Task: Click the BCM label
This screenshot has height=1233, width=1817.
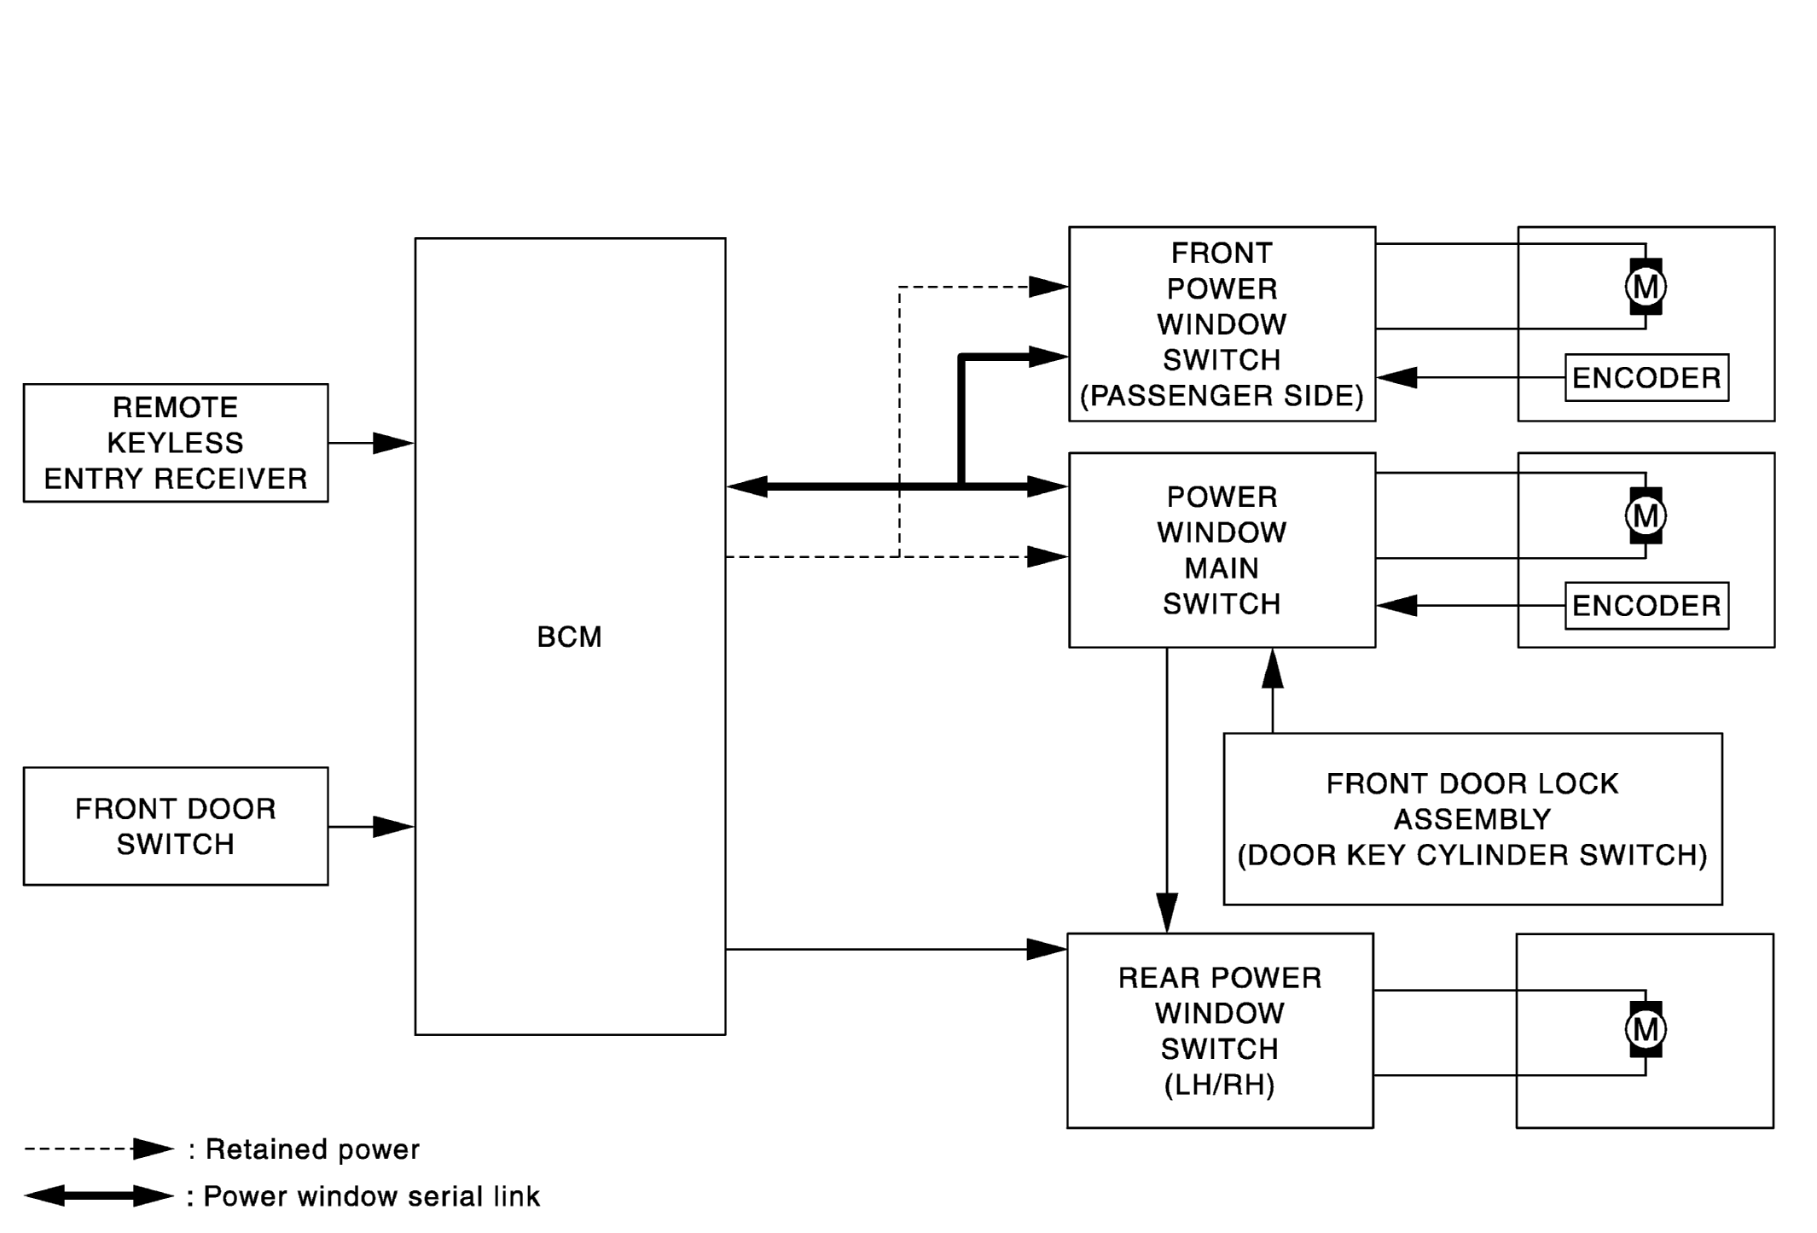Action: (x=569, y=637)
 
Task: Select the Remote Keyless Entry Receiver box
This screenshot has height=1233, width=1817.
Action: (x=176, y=443)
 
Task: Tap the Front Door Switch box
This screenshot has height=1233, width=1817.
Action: (x=176, y=826)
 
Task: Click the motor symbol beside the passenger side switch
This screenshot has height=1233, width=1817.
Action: (x=1646, y=287)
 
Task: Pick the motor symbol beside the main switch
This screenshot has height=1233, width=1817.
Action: (x=1646, y=515)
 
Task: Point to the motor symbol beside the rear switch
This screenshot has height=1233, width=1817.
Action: (x=1646, y=1029)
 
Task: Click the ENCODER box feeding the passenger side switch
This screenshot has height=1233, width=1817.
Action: (x=1646, y=377)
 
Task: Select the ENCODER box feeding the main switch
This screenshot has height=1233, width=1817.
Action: (x=1646, y=606)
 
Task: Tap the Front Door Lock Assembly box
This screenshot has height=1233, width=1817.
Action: (x=1472, y=818)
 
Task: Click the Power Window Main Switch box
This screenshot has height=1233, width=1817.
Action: (x=1222, y=550)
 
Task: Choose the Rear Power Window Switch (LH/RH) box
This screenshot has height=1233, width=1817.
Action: (x=1220, y=1030)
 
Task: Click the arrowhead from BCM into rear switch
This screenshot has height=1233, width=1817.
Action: (x=1047, y=949)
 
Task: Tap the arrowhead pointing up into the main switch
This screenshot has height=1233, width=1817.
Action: (x=1273, y=668)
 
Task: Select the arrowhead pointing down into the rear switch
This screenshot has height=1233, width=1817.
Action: (x=1167, y=913)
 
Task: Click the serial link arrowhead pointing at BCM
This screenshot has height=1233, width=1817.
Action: (x=747, y=486)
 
